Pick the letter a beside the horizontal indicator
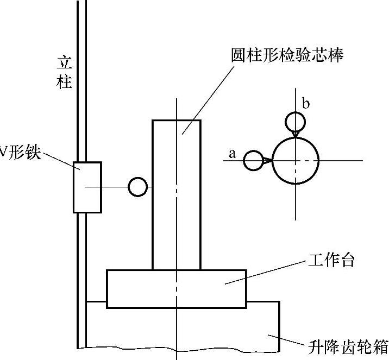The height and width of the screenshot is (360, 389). click(x=233, y=154)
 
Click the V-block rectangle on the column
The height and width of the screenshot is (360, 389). click(x=87, y=187)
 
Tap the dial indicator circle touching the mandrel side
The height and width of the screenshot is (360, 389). click(x=138, y=187)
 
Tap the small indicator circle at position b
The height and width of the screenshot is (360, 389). click(x=295, y=120)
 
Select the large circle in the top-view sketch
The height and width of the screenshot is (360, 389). click(x=295, y=161)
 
